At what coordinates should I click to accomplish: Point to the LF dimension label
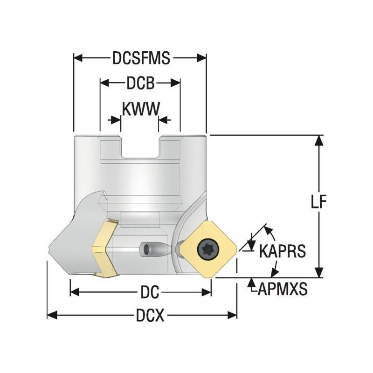point(318,201)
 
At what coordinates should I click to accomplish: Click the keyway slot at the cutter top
point(141,147)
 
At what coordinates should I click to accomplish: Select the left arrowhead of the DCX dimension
point(52,316)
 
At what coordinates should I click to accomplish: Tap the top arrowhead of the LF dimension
point(318,139)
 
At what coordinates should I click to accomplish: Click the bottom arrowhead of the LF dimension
point(318,273)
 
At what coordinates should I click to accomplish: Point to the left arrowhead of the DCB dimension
point(104,83)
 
